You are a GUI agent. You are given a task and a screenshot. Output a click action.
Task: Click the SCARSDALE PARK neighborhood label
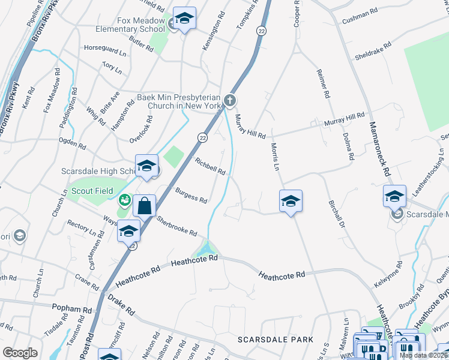(x=276, y=340)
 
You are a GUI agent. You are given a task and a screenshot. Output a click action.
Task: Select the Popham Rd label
(x=75, y=309)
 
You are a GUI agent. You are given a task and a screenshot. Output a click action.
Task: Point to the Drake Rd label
(x=121, y=305)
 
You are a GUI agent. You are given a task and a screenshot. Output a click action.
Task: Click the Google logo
(x=20, y=352)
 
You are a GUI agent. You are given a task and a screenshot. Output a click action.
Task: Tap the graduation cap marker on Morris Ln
(x=291, y=201)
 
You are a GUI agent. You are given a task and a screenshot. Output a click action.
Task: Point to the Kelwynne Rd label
(x=391, y=274)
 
